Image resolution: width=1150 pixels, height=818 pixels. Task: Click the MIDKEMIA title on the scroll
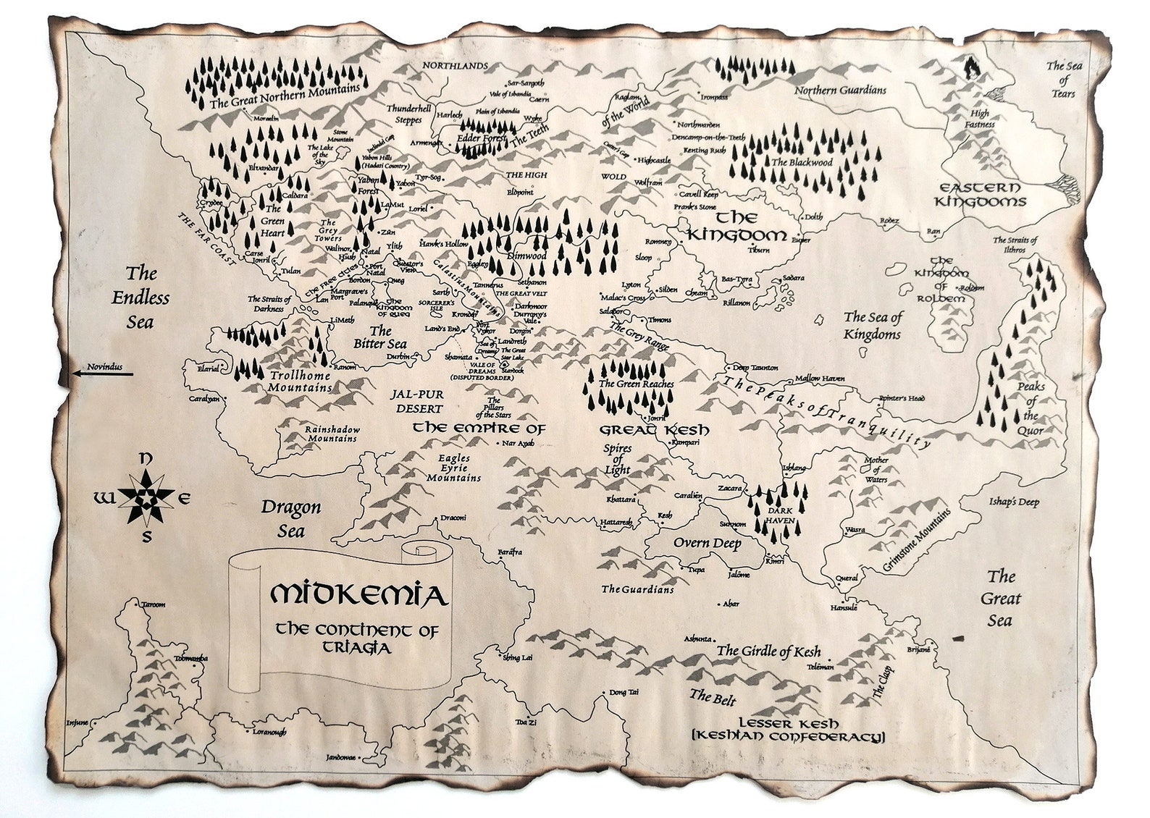(x=357, y=594)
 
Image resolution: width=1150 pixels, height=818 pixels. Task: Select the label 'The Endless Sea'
(x=140, y=297)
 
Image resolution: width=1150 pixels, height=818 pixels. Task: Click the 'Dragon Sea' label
(x=291, y=518)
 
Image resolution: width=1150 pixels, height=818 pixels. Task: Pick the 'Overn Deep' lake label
(x=707, y=544)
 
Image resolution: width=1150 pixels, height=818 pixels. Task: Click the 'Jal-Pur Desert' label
(x=416, y=401)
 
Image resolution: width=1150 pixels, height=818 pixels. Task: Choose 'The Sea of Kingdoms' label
(x=872, y=325)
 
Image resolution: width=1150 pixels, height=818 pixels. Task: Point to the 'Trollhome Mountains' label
(x=300, y=381)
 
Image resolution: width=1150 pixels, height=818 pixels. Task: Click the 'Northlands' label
(x=456, y=66)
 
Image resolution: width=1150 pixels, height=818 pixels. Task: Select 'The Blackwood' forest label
(x=802, y=163)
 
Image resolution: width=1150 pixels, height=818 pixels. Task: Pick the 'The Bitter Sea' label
(x=379, y=338)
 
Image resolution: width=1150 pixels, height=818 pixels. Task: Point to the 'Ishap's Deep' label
(x=1014, y=502)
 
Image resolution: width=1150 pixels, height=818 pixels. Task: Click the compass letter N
(x=146, y=458)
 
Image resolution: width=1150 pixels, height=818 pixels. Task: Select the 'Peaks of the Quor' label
(x=1030, y=408)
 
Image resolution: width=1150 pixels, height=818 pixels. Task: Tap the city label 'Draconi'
(x=453, y=518)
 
